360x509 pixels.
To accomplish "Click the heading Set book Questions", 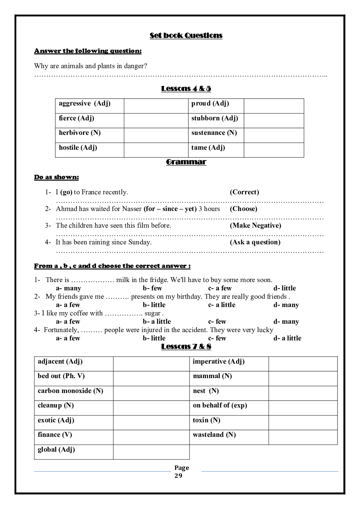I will click(186, 36).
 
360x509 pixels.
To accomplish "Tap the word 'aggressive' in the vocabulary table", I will click(75, 104).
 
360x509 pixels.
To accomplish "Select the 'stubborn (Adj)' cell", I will click(215, 118).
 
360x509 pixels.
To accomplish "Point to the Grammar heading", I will click(186, 162).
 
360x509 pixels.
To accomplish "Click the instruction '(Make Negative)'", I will click(255, 225).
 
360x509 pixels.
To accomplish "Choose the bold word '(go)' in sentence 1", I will click(66, 192).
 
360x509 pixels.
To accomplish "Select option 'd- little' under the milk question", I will click(285, 288).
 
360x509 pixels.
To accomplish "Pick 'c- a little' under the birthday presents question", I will click(222, 305).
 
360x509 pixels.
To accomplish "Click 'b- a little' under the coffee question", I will click(157, 322).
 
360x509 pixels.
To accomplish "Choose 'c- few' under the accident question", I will click(217, 338).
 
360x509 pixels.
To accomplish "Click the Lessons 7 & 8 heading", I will click(186, 347).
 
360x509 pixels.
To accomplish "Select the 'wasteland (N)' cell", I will click(214, 435).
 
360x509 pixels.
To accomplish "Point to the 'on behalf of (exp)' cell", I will click(220, 405).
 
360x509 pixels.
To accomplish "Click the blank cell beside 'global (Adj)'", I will click(151, 452).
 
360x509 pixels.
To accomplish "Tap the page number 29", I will click(178, 476).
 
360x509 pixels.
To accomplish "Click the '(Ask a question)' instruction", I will click(255, 242).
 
